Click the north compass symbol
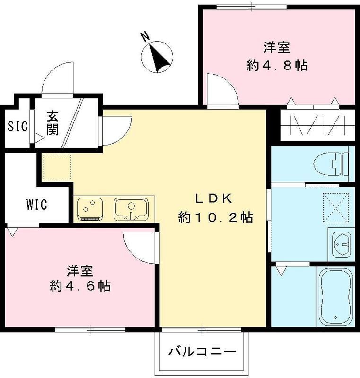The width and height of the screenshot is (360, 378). (158, 56)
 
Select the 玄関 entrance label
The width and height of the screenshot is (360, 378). (52, 123)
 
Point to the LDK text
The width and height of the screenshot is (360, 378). (214, 198)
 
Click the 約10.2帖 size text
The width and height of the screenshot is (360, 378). (215, 218)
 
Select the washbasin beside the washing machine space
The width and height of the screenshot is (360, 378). (341, 244)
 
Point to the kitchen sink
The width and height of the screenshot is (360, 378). (131, 208)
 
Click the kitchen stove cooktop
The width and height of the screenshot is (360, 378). (90, 208)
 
